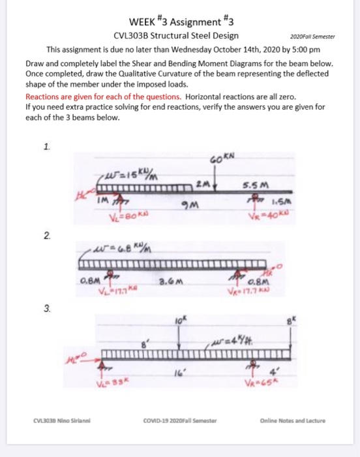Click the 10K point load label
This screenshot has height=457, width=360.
179,321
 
